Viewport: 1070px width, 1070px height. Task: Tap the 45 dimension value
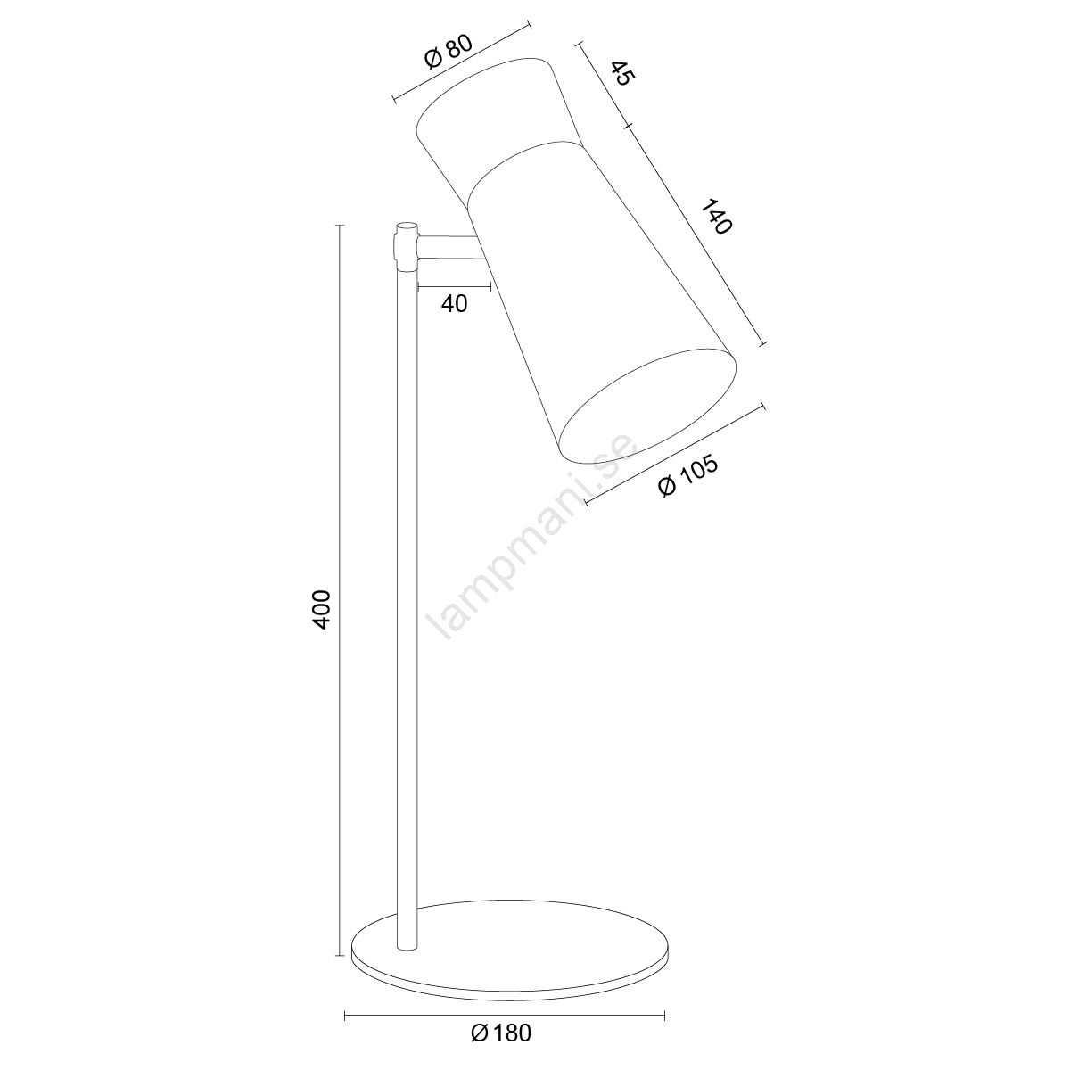(x=621, y=74)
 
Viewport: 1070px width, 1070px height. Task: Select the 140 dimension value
(x=717, y=217)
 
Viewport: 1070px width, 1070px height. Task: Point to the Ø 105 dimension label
(x=687, y=478)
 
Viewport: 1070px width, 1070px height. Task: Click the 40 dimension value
(x=454, y=304)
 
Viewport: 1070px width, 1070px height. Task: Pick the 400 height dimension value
(x=322, y=610)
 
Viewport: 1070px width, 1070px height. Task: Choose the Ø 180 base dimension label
(x=501, y=1033)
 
